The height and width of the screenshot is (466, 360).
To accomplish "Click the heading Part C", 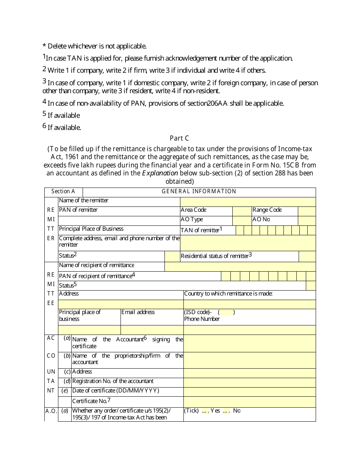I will (x=179, y=138).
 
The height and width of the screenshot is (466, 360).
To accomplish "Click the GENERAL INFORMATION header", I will (x=199, y=191).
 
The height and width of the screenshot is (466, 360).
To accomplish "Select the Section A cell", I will (x=63, y=191).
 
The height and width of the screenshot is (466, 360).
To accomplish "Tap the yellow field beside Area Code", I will (x=241, y=211).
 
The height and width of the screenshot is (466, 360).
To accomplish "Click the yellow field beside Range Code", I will (x=307, y=211).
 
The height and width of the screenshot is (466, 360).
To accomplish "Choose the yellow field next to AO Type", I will (x=241, y=220).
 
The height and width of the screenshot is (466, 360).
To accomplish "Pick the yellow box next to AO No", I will (x=307, y=220).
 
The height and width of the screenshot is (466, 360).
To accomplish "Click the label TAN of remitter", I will (x=201, y=230).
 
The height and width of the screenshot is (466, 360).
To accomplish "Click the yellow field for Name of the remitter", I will (x=248, y=202).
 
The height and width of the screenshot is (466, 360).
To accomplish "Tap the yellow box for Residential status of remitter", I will (x=307, y=256).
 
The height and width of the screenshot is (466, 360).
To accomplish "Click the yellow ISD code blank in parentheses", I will (x=227, y=313).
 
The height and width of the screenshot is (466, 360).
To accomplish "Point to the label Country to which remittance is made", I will (x=228, y=294).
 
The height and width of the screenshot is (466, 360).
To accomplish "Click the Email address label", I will (x=138, y=312).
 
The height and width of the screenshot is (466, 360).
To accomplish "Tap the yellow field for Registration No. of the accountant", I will (x=249, y=382).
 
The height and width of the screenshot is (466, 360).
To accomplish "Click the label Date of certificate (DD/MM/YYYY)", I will (x=116, y=391).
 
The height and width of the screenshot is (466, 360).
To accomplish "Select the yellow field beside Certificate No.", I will (x=249, y=402).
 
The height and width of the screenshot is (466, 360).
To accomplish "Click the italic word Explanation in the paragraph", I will (x=160, y=173).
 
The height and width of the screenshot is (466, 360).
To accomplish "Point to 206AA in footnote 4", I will (x=217, y=103).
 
